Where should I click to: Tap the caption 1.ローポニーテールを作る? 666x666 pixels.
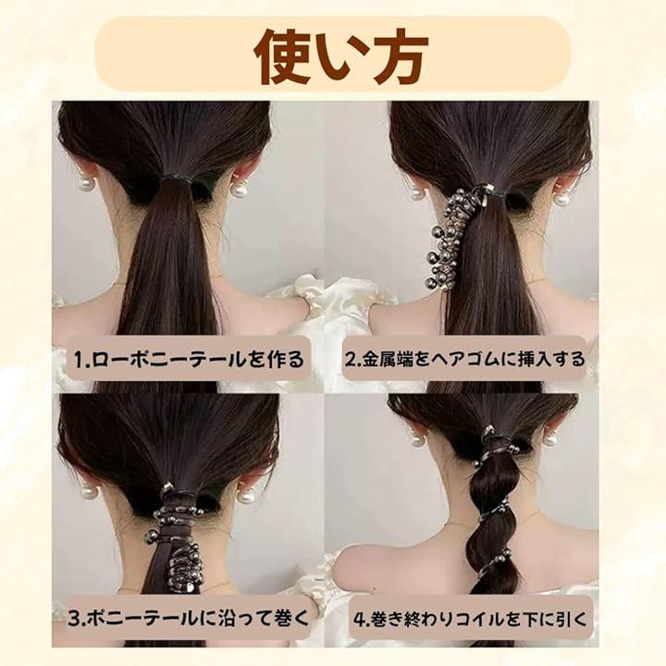coord(189,359)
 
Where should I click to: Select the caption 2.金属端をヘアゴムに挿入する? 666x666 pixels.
coord(464,359)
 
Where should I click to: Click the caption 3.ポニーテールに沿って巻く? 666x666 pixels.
coord(189,618)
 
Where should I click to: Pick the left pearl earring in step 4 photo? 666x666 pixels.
coord(416,438)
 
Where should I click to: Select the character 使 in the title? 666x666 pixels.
coord(282,55)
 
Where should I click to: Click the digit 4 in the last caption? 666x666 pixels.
coord(359,620)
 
